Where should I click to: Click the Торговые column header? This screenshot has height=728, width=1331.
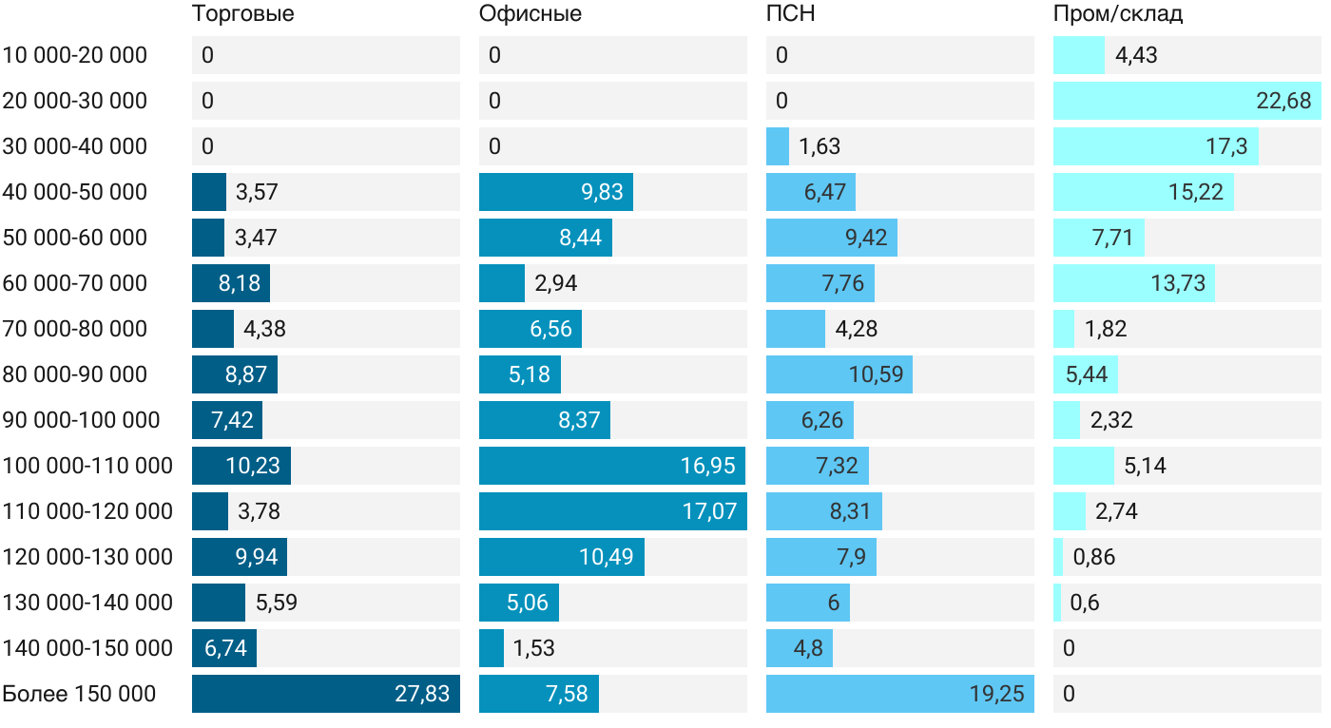coord(242,14)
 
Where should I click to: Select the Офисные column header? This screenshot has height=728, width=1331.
coord(530,14)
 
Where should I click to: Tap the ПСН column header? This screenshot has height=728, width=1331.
coord(791,14)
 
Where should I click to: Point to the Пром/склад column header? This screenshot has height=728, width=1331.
coord(1118,14)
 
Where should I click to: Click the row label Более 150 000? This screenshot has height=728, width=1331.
coord(79,694)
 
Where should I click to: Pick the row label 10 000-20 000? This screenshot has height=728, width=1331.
coord(75,55)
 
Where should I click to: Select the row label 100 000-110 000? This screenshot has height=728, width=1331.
coord(87,466)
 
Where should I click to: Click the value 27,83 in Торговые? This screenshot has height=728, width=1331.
coord(422,694)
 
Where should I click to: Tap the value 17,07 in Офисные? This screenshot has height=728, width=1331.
coord(709,511)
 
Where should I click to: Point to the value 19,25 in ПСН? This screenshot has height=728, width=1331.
coord(996,694)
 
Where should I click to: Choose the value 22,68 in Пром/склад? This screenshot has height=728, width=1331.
coord(1283,101)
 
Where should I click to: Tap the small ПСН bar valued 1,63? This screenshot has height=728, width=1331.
coord(778,146)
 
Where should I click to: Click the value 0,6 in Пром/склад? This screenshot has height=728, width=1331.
coord(1085,603)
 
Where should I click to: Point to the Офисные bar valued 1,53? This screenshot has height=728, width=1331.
coord(492,648)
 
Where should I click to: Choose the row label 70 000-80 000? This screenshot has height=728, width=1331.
coord(75,329)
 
